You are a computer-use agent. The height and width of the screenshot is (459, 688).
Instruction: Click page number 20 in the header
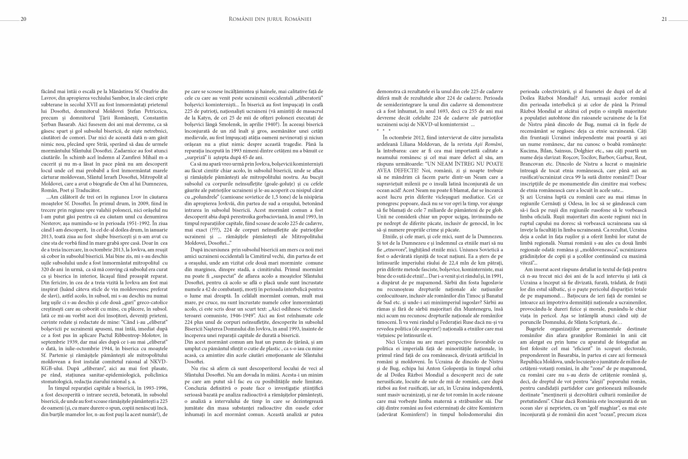click(x=23, y=19)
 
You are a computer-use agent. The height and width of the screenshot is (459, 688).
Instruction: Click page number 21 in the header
click(x=664, y=19)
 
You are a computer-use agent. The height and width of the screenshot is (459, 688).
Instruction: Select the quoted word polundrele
click(x=202, y=197)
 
